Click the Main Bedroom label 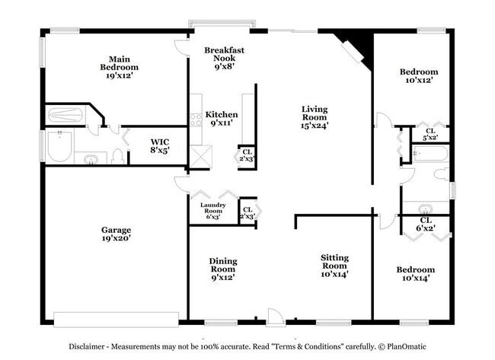pyautogui.click(x=117, y=67)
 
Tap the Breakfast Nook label pyautogui.click(x=224, y=58)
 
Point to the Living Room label pyautogui.click(x=314, y=118)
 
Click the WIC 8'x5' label pyautogui.click(x=159, y=146)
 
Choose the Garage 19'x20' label pyautogui.click(x=117, y=234)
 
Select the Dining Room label pyautogui.click(x=223, y=269)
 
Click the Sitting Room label pyautogui.click(x=334, y=266)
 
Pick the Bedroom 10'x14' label pyautogui.click(x=415, y=274)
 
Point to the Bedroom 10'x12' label pyautogui.click(x=419, y=77)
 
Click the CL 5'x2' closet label pyautogui.click(x=430, y=134)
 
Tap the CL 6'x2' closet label pyautogui.click(x=425, y=224)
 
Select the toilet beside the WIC pyautogui.click(x=117, y=157)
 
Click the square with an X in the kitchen pyautogui.click(x=200, y=157)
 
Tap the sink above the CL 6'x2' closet pyautogui.click(x=424, y=208)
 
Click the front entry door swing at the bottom pyautogui.click(x=274, y=316)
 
